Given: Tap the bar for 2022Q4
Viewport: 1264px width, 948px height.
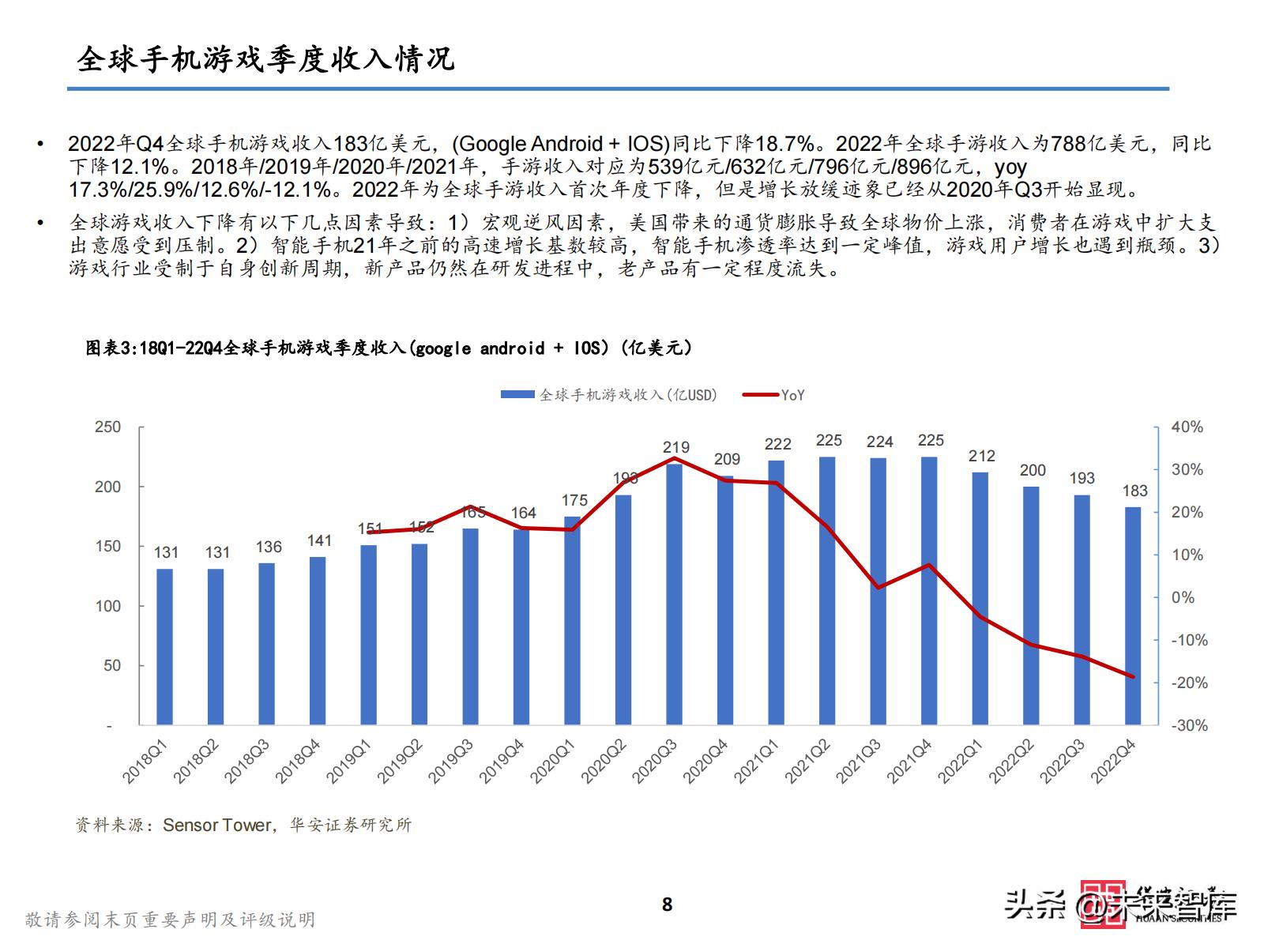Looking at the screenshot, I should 1133,615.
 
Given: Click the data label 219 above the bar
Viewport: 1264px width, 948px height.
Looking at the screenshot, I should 676,447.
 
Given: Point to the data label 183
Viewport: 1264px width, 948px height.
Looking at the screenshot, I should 1134,491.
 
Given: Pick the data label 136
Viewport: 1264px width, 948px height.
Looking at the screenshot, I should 269,547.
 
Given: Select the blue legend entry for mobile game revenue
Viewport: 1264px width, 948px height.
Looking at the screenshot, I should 608,395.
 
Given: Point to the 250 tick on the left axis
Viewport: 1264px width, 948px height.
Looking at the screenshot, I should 108,427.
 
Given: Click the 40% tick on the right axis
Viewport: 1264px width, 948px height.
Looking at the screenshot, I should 1187,427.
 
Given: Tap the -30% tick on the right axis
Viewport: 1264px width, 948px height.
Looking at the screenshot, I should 1188,725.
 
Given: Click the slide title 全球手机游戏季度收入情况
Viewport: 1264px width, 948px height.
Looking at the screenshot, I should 265,60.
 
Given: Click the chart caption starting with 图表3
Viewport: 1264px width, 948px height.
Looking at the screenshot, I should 389,348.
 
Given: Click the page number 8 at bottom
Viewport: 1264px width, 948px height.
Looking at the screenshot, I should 667,905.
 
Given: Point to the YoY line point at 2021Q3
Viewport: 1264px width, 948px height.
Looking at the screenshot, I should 878,587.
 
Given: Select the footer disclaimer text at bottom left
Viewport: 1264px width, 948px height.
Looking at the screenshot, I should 170,920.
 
